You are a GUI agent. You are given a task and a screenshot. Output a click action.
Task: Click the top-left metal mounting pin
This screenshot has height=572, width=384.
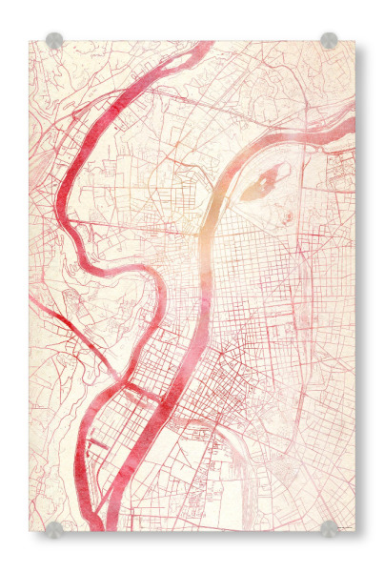54,40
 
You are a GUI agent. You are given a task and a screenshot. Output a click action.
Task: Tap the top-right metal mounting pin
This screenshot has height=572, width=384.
329,40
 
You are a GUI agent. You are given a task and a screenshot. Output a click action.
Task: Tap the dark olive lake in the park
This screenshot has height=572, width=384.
258,187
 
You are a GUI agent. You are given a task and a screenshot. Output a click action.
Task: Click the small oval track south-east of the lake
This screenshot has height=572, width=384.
287,217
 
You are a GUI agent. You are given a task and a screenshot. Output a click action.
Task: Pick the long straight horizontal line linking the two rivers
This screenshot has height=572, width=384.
124,226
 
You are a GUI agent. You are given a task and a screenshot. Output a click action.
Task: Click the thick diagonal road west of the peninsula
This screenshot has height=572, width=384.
67,325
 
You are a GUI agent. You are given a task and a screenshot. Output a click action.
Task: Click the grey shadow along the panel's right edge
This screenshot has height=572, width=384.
359,286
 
